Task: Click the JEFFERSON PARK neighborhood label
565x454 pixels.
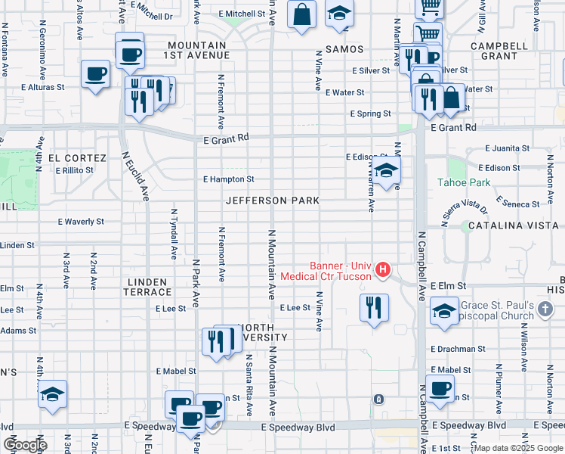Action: (x=272, y=201)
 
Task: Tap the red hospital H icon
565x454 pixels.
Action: (x=383, y=269)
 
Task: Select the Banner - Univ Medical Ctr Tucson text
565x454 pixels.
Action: (x=326, y=271)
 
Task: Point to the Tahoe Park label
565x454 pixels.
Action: (x=464, y=182)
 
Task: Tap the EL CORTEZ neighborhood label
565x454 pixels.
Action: (x=77, y=158)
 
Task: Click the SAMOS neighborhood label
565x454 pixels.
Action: (x=344, y=49)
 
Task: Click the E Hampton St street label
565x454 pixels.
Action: (x=228, y=179)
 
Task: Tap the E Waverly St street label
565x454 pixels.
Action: (x=81, y=222)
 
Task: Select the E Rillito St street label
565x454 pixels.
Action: (x=74, y=170)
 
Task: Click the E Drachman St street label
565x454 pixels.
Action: (x=458, y=349)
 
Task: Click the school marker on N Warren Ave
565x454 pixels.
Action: (x=385, y=170)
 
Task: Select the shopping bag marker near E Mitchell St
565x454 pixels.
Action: (x=301, y=14)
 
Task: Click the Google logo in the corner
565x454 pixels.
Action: (x=25, y=445)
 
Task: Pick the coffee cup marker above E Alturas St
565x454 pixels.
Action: (x=96, y=74)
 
